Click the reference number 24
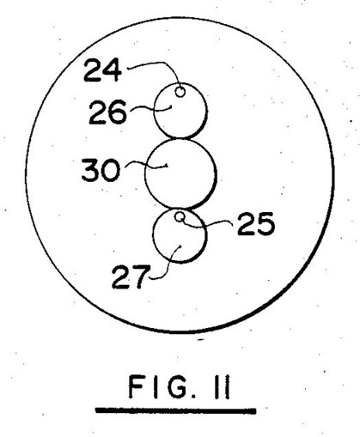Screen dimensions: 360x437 (103, 70)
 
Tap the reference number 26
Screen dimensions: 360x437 (107, 112)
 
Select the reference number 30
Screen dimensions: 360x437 (101, 170)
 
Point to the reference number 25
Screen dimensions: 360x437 (256, 224)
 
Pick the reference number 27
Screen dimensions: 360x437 (131, 276)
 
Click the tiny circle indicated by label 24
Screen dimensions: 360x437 (180, 92)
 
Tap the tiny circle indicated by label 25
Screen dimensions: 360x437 (180, 217)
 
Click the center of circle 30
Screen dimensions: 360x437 (180, 173)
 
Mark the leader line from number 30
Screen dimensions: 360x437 (146, 165)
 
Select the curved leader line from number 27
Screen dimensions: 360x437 (169, 264)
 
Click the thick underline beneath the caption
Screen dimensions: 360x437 (176, 410)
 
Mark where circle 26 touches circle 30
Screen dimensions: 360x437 (180, 138)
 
